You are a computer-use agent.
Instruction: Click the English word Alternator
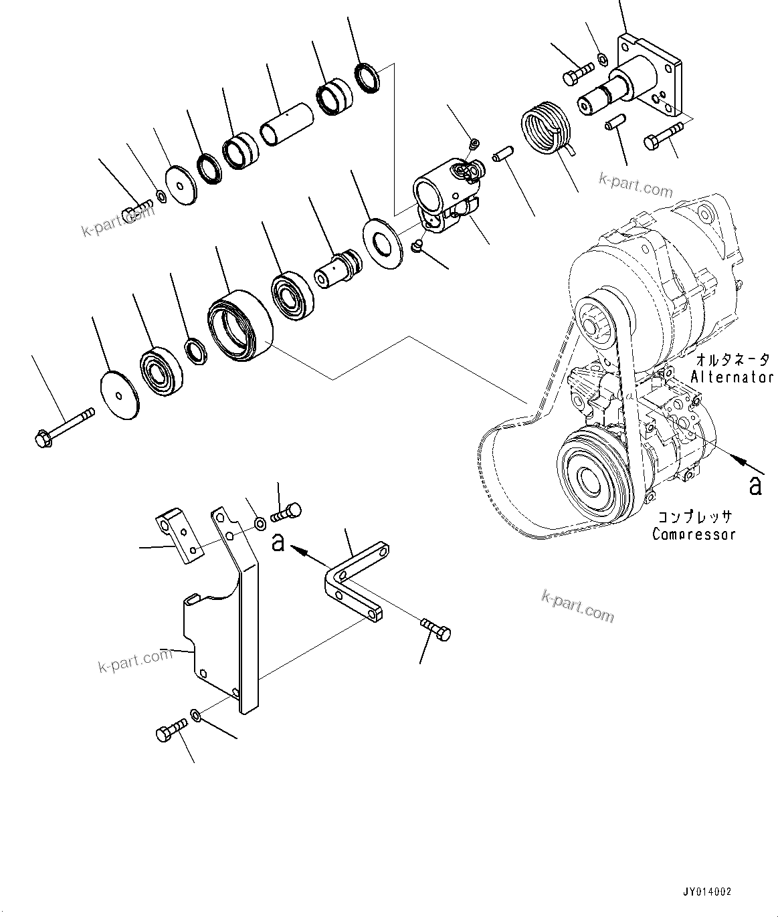point(732,377)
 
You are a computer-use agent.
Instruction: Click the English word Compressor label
point(694,534)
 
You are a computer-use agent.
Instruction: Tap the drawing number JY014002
point(707,892)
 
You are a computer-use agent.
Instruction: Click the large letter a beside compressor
point(755,484)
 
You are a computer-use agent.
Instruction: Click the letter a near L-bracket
point(278,541)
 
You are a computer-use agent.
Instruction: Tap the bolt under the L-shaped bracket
point(436,629)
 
